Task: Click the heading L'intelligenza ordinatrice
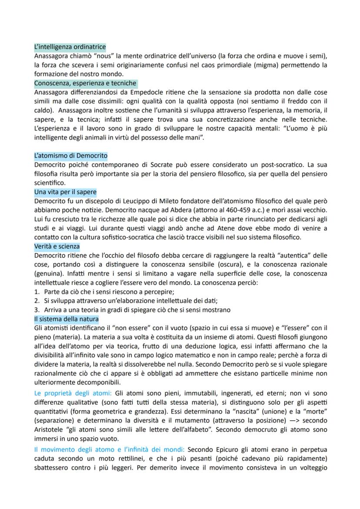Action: click(70, 47)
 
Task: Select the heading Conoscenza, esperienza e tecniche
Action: click(85, 83)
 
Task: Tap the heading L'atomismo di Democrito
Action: click(70, 155)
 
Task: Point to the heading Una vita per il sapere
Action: click(65, 192)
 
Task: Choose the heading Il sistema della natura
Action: click(66, 319)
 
